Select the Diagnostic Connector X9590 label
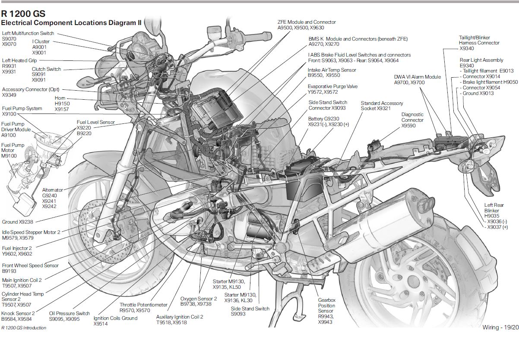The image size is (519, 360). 412,120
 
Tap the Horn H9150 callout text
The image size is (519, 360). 62,104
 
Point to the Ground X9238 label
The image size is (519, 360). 17,222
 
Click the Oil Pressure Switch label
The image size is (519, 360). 70,316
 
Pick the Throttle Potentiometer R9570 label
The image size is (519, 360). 143,307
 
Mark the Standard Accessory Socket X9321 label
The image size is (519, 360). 382,106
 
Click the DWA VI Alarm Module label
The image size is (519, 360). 417,79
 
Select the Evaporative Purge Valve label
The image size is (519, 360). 332,89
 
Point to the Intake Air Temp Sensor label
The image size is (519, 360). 332,73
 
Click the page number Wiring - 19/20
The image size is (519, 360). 500,328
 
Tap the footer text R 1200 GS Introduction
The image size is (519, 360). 24,328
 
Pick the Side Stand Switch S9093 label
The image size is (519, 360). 250,311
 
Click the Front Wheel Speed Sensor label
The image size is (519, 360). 30,268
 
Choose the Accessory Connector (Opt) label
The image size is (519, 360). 31,92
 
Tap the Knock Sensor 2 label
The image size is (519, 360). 18,316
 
